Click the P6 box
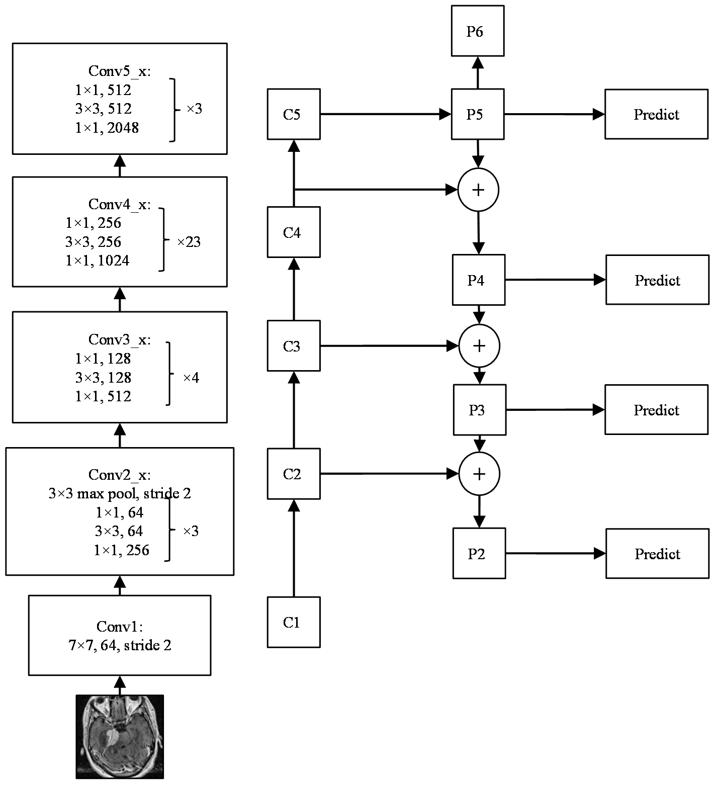[x=478, y=31]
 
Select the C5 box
[x=294, y=114]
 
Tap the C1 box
[x=294, y=622]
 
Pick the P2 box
[x=479, y=553]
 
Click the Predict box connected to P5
[x=656, y=114]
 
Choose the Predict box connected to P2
[x=657, y=553]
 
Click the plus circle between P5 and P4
[x=478, y=190]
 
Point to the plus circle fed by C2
[x=479, y=474]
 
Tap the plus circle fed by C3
[x=479, y=345]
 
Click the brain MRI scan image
[x=120, y=737]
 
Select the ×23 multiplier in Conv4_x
[x=189, y=242]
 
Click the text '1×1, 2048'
[x=107, y=128]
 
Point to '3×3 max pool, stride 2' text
[x=120, y=493]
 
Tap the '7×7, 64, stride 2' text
[x=120, y=645]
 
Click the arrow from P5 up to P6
[x=478, y=73]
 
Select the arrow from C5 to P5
[x=386, y=114]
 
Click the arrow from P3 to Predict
[x=555, y=410]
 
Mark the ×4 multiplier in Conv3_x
[x=191, y=378]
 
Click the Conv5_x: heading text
[x=120, y=71]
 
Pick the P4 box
[x=479, y=280]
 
